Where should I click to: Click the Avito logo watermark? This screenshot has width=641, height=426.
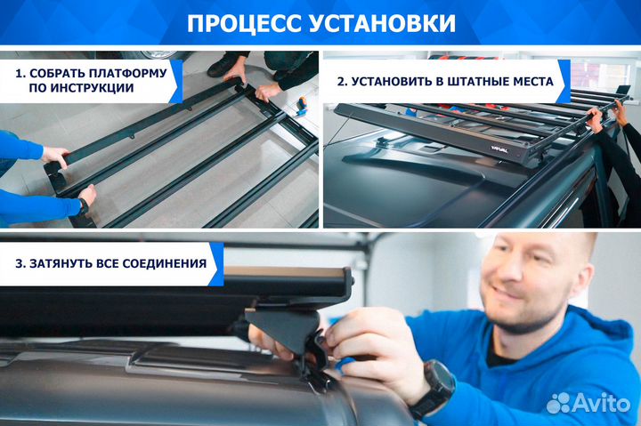click(x=588, y=402)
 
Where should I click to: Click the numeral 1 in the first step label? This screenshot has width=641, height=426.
click(x=19, y=72)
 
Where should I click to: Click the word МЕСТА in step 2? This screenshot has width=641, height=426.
click(x=532, y=82)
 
